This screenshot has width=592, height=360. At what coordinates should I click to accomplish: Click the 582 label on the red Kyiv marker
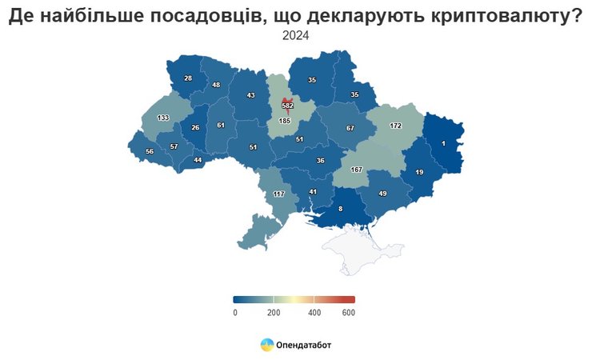point(288,106)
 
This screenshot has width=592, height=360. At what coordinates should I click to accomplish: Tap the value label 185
point(285,121)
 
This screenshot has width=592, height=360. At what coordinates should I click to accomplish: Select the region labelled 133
point(163,118)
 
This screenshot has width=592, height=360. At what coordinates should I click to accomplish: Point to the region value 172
point(395,126)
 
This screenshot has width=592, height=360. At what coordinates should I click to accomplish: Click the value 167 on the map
point(357,170)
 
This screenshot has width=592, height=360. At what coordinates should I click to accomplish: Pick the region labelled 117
point(279,194)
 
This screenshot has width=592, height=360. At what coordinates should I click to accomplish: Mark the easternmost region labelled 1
point(443,144)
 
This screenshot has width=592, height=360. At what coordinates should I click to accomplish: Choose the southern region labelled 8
point(341,209)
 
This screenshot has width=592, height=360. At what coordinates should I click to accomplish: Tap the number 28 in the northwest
point(188,78)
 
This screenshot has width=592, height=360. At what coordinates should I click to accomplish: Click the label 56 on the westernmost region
point(150,152)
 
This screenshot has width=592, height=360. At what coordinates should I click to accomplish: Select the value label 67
point(350,128)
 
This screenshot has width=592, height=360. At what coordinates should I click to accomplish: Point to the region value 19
point(419,172)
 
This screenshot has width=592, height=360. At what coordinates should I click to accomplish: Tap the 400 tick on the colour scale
point(314,312)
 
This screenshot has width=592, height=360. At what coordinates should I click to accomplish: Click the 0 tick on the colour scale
point(235,312)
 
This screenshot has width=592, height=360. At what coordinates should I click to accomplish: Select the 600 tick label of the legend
point(349,312)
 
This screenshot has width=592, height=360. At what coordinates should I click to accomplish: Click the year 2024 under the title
point(296,35)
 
